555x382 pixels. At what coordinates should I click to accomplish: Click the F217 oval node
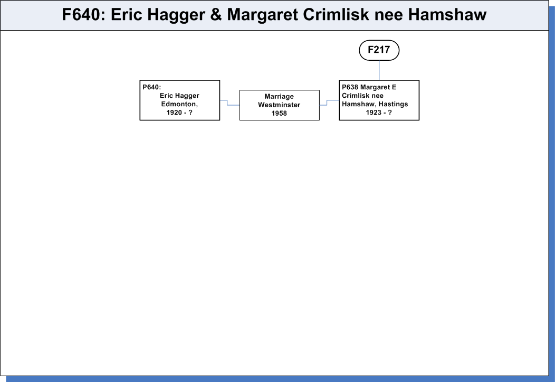[379, 50]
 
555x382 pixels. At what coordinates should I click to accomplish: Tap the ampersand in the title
[216, 15]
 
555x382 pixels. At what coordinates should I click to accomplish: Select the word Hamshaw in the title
[447, 15]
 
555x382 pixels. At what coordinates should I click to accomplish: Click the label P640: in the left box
[152, 87]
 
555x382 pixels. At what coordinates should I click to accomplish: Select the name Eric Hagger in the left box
[179, 96]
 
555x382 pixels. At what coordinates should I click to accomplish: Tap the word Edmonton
[179, 104]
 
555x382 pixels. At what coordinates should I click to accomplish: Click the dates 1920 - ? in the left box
[179, 113]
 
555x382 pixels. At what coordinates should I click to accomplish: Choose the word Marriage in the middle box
[279, 96]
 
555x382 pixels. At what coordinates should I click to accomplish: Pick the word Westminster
[279, 105]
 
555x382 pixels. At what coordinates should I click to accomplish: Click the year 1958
[279, 114]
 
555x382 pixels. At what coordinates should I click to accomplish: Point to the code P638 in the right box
[350, 87]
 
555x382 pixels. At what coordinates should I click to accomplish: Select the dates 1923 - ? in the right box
[379, 113]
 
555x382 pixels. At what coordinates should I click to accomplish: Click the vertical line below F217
[379, 70]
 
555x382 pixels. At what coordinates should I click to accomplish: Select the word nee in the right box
[377, 96]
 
